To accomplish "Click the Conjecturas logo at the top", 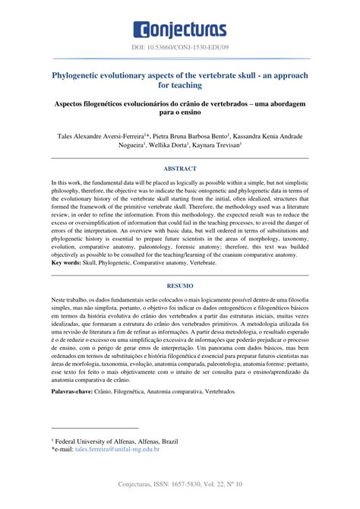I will coord(180,30).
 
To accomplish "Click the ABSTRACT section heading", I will coord(180,168).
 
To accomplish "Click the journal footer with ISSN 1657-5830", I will coord(180,484).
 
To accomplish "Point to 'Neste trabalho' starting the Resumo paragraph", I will coord(73,301).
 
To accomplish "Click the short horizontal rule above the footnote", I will coord(95,429).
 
